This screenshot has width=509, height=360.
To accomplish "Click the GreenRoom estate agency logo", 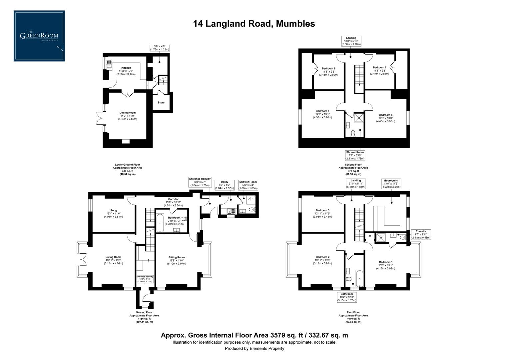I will (39, 36).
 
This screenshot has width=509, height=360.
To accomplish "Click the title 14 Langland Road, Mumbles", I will (254, 24).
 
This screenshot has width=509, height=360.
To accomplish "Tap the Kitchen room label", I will (126, 68).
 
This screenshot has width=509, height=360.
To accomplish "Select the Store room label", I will (161, 103).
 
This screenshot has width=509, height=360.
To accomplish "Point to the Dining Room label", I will (128, 113).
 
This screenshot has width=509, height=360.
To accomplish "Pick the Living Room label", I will (114, 257).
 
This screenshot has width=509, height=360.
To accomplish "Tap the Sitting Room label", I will (177, 257).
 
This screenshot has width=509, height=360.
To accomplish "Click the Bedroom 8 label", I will (328, 69).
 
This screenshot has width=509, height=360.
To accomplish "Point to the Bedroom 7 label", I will (379, 68).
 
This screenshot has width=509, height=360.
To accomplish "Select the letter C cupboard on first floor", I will (370, 236).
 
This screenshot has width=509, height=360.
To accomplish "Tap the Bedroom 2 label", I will (322, 257).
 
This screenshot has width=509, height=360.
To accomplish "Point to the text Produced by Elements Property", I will (254, 349).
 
